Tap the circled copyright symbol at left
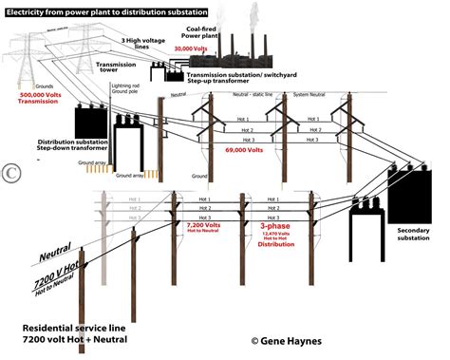tap(11, 172)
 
